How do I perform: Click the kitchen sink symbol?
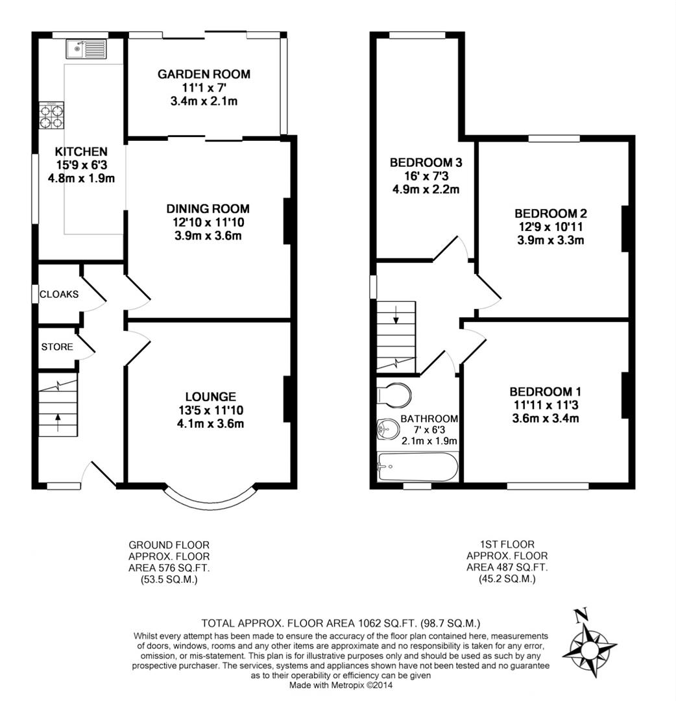click(x=86, y=49)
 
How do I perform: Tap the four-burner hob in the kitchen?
click(x=51, y=116)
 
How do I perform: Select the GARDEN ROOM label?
click(x=204, y=75)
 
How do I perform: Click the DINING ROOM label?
click(x=208, y=208)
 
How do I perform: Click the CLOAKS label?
click(x=59, y=294)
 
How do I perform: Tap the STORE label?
click(x=57, y=347)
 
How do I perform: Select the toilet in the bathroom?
click(x=394, y=394)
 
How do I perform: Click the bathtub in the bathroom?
click(x=417, y=467)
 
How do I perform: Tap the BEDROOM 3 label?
click(x=425, y=162)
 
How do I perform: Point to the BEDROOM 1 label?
click(x=545, y=391)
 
